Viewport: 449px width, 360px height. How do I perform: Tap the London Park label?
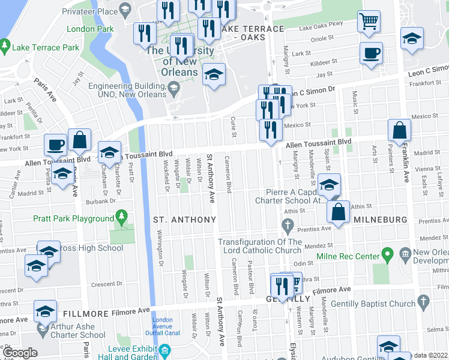pos(90,29)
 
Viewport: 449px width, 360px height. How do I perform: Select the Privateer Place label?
pos(91,11)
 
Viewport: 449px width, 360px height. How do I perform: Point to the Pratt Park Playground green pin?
pos(122,214)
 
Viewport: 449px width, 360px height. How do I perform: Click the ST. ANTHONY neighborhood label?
pos(184,220)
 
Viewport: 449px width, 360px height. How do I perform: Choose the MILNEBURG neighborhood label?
pos(379,220)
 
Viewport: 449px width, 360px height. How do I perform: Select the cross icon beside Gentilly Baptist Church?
pos(423,300)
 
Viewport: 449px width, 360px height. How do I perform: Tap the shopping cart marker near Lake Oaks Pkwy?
pos(369,22)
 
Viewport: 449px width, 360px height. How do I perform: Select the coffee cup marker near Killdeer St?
pos(371,53)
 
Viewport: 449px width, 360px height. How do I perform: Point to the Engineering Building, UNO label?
pos(127,90)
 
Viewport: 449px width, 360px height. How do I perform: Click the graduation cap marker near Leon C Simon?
pos(412,40)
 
